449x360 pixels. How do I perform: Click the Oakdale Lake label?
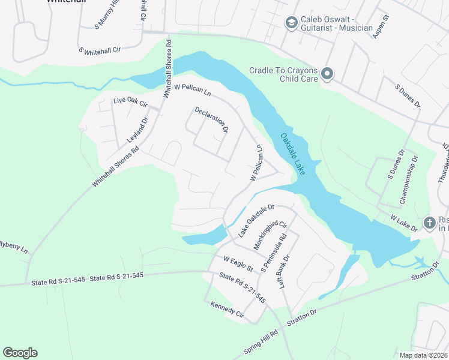point(294,154)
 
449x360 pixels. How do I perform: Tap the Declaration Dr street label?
point(211,119)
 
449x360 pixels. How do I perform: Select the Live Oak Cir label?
point(130,103)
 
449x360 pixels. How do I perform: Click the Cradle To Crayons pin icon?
point(327,74)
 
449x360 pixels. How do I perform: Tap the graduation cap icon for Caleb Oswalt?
point(291,23)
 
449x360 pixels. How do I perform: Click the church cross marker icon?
point(429,223)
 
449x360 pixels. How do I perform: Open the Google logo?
point(20,353)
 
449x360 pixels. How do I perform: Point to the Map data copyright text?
point(423,355)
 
